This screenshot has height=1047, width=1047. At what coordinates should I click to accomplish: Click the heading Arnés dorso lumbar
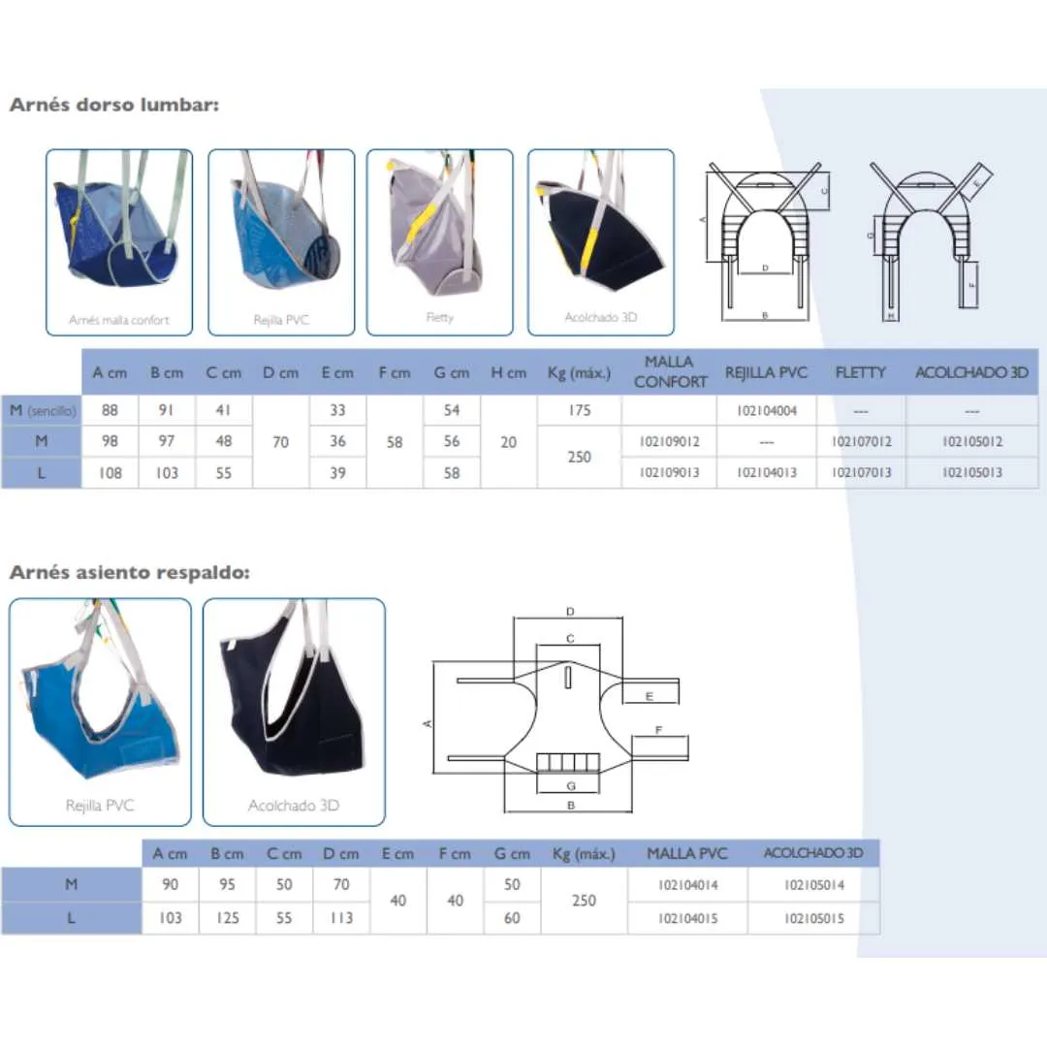pos(113,105)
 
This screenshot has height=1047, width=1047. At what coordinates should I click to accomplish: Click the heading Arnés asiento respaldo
pos(129,572)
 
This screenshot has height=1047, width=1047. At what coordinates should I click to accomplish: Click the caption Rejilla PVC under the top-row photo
pos(281,319)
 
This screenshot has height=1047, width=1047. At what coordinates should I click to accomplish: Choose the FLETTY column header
pos(860,372)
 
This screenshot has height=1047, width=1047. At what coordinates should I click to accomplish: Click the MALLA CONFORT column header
pos(669,372)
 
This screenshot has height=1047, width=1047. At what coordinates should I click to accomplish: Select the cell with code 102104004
pos(766,411)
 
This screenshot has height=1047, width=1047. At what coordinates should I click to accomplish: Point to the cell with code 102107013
pos(860,473)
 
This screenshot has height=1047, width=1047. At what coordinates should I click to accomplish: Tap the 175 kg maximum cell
pos(579,411)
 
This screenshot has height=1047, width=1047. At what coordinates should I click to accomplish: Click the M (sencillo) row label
pos(42,411)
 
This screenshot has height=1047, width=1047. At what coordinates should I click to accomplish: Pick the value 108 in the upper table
pos(111,473)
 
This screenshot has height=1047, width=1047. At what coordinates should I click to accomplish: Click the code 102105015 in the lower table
pos(814,918)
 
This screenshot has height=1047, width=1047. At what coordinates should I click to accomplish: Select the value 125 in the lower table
pos(227,918)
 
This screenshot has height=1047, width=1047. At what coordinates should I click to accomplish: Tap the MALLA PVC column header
pos(686,853)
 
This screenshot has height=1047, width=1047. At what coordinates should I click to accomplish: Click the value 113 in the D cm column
pos(341,918)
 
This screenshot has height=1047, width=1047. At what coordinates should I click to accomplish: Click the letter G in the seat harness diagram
pos(571,785)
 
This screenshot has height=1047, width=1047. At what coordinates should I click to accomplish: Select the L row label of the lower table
pos(71,918)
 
